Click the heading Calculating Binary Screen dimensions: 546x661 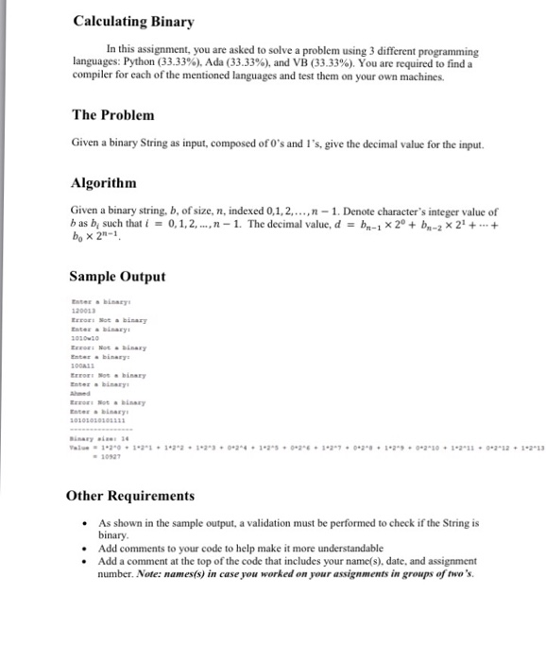(133, 22)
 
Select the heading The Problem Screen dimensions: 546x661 (112, 115)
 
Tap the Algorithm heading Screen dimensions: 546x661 (104, 182)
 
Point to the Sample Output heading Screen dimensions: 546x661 (117, 277)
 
